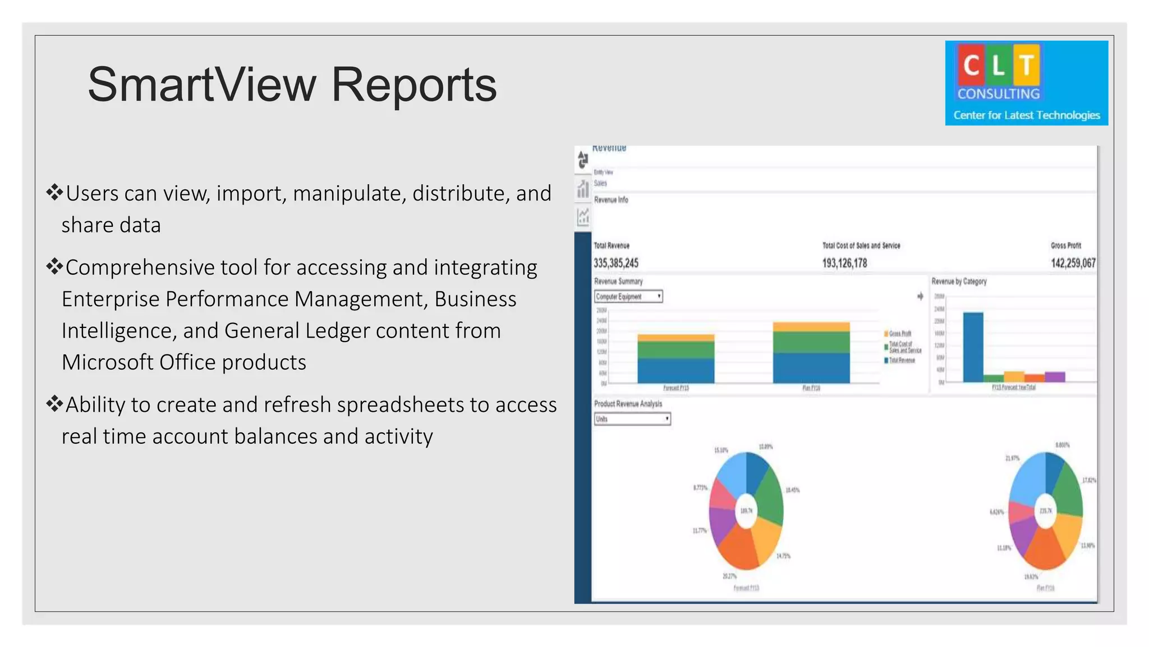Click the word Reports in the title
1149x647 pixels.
(413, 85)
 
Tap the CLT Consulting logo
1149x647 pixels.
(1026, 83)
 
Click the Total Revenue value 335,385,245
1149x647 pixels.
(616, 263)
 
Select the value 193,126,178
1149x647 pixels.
(844, 263)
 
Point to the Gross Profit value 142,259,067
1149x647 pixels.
(1073, 263)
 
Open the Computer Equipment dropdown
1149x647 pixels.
(628, 297)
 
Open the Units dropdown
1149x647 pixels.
(632, 419)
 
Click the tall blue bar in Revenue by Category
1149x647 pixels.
(973, 347)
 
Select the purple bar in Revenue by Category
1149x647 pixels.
(1055, 377)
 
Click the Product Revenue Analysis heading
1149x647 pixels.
(628, 404)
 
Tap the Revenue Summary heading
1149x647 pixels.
(618, 281)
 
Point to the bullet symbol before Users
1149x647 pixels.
(54, 193)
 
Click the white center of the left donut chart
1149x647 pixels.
(746, 511)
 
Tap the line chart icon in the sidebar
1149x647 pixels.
(583, 216)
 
